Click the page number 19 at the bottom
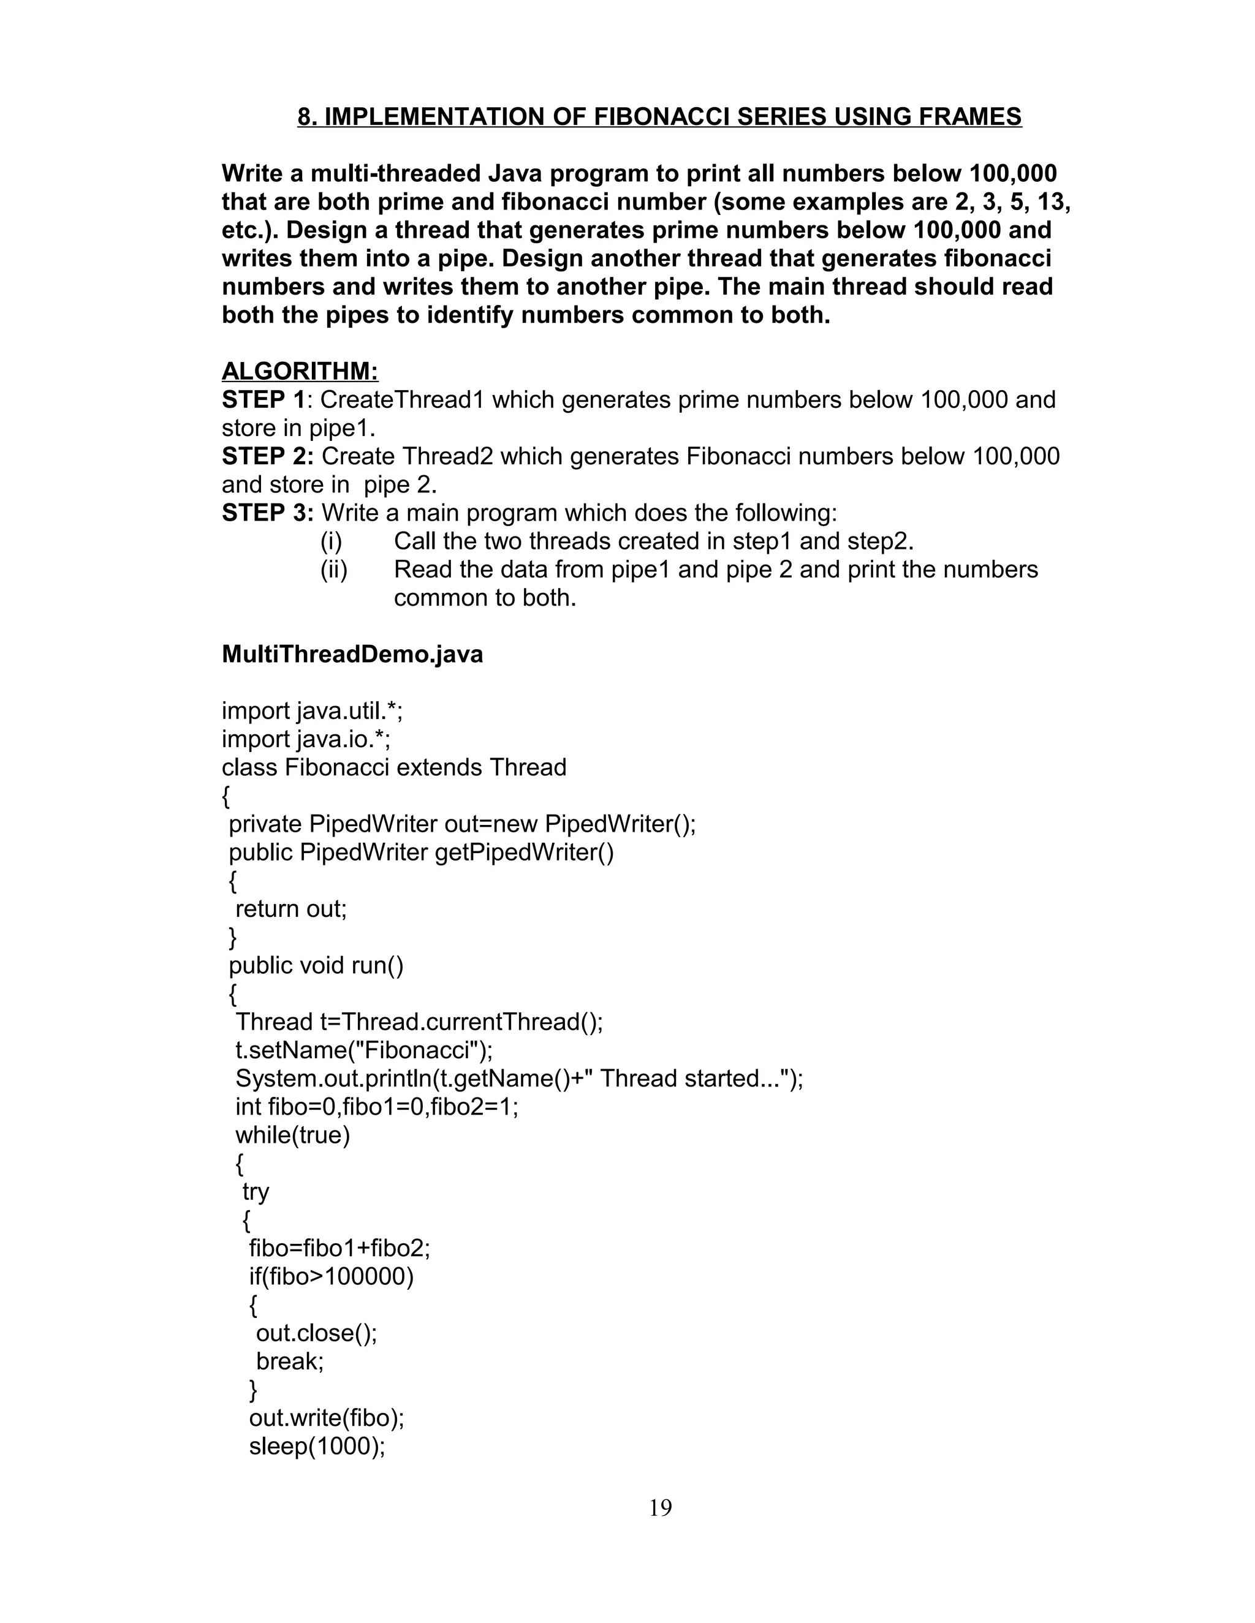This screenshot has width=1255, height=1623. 660,1508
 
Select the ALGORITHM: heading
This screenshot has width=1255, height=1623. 300,371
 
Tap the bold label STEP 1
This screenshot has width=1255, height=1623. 263,400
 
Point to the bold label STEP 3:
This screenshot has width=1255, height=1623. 268,513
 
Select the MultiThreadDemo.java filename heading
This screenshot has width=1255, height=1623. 352,654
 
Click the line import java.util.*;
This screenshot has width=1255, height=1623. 313,711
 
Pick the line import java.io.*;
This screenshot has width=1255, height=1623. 306,739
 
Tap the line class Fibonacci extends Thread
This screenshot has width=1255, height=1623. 394,767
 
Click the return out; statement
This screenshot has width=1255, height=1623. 290,909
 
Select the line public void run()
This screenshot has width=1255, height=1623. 316,965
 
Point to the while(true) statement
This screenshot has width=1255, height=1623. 292,1135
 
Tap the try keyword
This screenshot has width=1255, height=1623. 256,1192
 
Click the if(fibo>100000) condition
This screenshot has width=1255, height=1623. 331,1277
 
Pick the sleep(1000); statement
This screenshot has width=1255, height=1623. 317,1446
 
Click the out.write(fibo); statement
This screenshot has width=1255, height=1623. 327,1418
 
